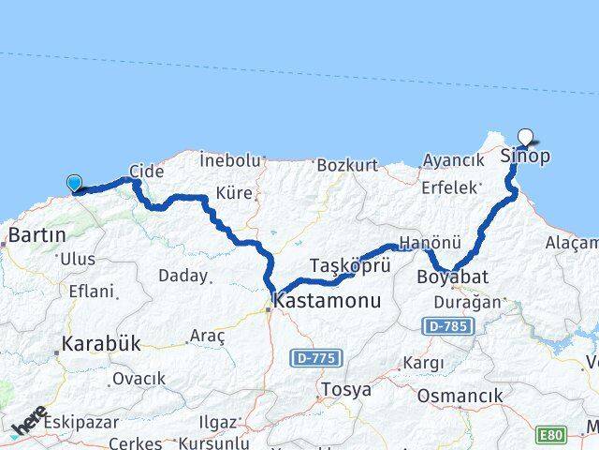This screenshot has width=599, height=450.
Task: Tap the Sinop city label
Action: pyautogui.click(x=525, y=156)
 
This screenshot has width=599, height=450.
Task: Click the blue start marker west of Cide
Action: pyautogui.click(x=74, y=184)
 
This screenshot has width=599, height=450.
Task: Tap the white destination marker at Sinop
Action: pyautogui.click(x=525, y=137)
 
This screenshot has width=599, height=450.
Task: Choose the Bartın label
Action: pyautogui.click(x=37, y=234)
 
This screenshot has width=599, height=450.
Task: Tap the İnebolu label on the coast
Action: pyautogui.click(x=229, y=160)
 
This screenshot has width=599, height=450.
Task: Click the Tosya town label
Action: pyautogui.click(x=345, y=388)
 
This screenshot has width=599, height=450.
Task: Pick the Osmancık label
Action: pyautogui.click(x=454, y=396)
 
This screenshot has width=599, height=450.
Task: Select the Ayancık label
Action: pyautogui.click(x=454, y=160)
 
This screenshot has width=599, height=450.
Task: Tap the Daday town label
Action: pyautogui.click(x=182, y=277)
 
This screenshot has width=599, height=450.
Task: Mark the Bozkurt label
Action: pyautogui.click(x=347, y=166)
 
